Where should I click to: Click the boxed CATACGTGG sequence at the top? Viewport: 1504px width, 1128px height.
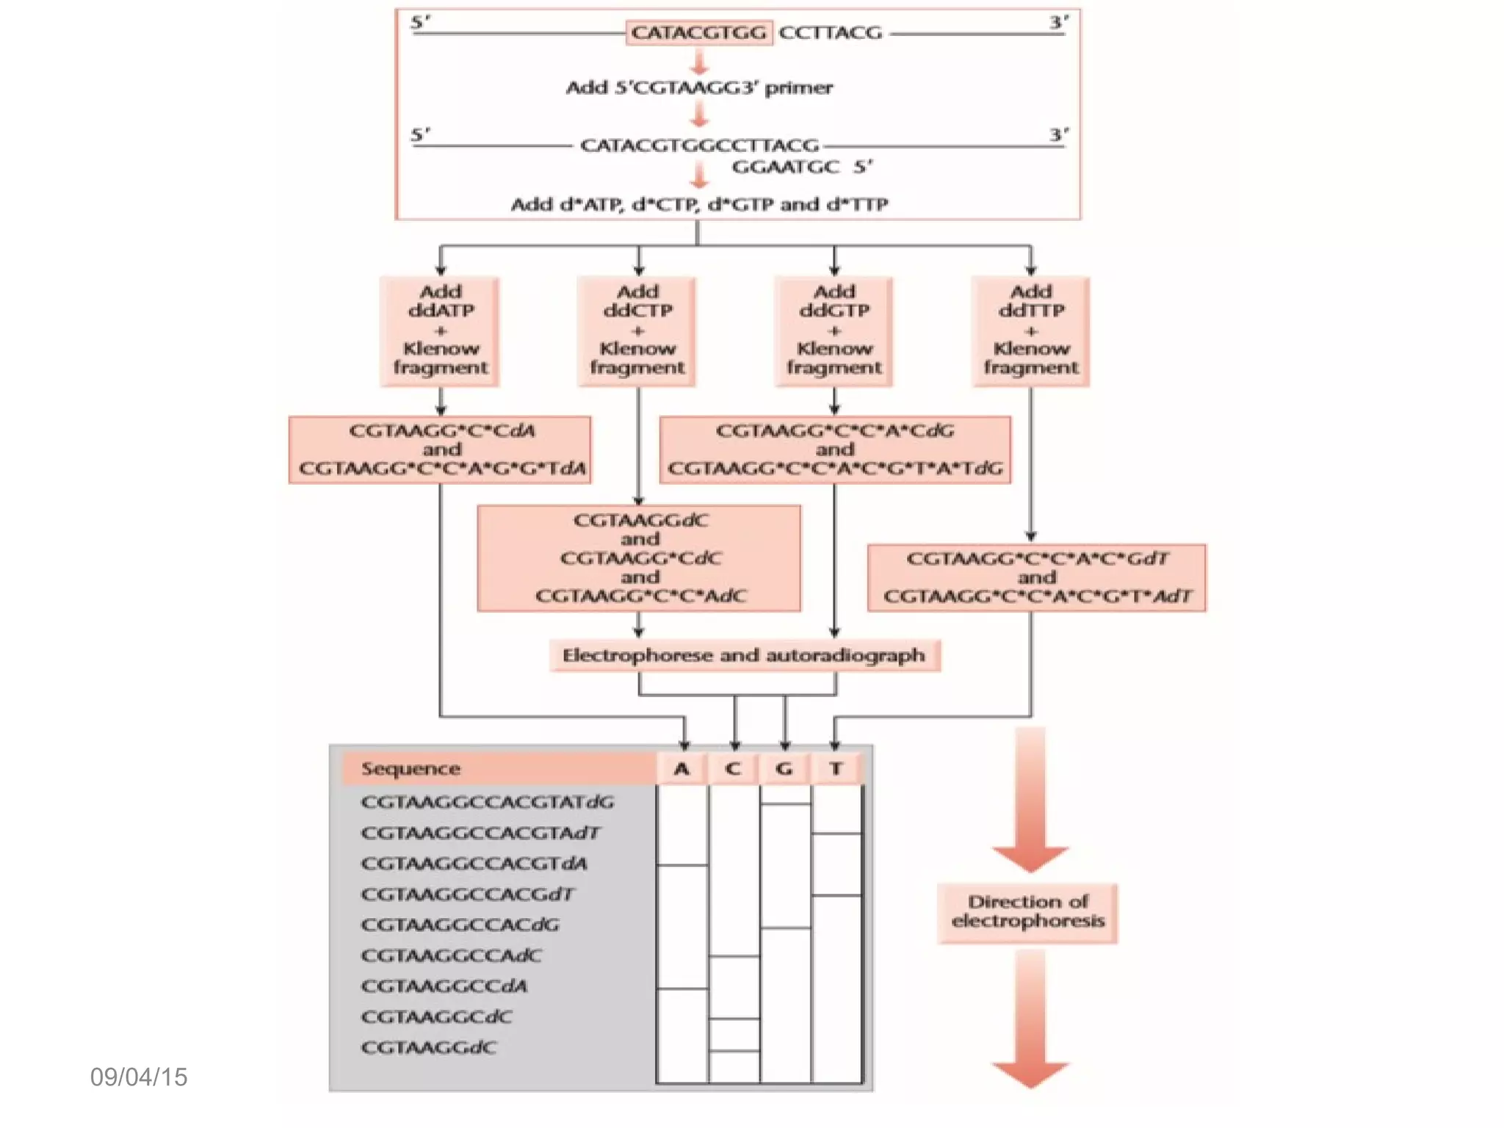coord(698,33)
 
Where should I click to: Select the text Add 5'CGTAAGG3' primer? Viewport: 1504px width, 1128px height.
coord(699,88)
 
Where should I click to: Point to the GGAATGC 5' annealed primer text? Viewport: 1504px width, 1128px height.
coord(801,167)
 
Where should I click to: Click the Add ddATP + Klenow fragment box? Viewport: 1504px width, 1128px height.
coord(440,330)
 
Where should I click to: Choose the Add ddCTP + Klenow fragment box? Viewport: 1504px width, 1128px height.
coord(637,330)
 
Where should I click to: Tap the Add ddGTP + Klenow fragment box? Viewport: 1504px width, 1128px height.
coord(834,330)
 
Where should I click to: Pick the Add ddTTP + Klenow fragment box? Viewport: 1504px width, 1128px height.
coord(1030,330)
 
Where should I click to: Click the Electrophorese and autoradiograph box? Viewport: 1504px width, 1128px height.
coord(744,655)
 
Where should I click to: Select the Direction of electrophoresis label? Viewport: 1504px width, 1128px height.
coord(1027,911)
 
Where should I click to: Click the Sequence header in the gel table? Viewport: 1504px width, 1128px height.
coord(411,769)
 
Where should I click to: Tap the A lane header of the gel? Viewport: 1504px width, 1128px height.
coord(681,769)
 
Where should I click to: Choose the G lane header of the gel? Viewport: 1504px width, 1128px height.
coord(784,769)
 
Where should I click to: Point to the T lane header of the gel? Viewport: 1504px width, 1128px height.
coord(836,769)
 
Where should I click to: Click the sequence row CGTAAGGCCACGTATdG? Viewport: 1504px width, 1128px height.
coord(488,802)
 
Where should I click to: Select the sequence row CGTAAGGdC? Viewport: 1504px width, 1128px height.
coord(429,1047)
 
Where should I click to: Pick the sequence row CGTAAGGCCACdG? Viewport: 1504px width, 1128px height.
coord(460,925)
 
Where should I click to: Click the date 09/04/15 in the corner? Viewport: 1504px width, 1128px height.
coord(139,1077)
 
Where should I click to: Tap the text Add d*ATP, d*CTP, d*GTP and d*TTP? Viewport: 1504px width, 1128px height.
coord(699,204)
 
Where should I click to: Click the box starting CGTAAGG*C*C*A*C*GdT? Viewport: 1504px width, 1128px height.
coord(1036,577)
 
